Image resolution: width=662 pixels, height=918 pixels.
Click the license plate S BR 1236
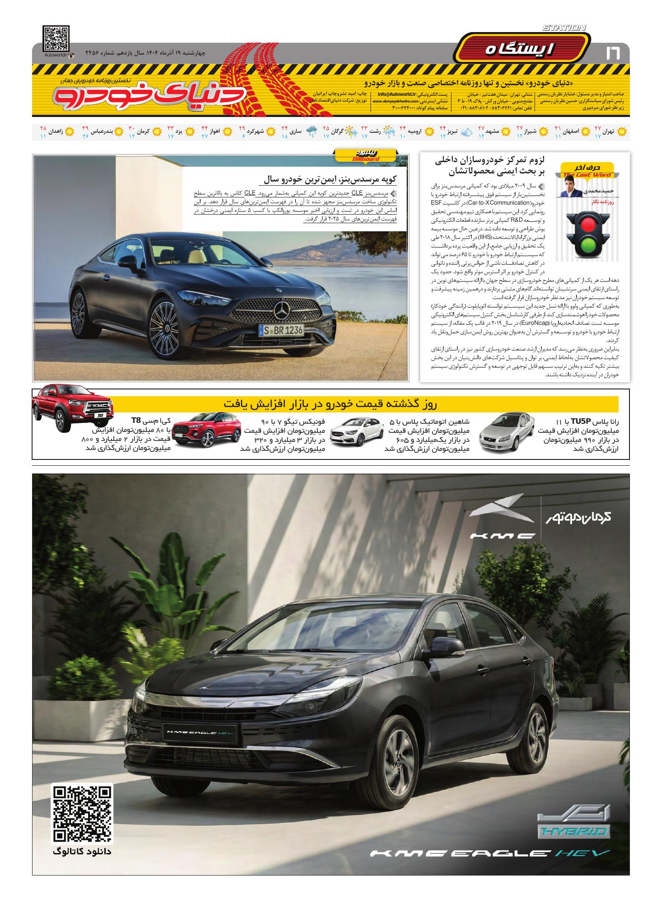pos(281,330)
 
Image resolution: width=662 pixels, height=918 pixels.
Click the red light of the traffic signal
pos(586,224)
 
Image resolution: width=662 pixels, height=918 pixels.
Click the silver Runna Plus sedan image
pos(505,433)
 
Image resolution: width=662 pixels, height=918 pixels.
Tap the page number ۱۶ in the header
pos(613,54)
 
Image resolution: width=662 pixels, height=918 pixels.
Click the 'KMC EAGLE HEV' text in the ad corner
pos(490,853)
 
